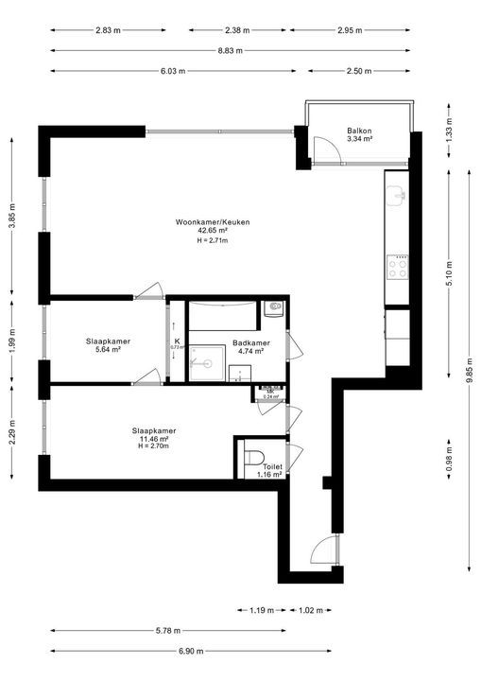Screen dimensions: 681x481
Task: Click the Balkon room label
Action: click(x=359, y=131)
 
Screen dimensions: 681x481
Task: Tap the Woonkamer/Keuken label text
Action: click(x=213, y=222)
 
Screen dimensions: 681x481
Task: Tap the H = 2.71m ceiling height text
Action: click(x=213, y=240)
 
